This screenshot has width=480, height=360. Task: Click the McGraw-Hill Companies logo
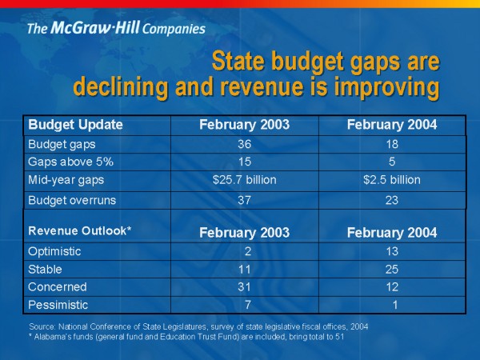point(116,30)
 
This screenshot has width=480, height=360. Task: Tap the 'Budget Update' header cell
point(75,124)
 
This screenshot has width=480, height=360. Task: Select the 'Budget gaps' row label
point(62,144)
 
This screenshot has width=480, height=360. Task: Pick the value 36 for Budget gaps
point(246,144)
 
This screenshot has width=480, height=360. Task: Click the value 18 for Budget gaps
point(391,144)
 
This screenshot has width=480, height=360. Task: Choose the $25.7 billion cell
point(245,179)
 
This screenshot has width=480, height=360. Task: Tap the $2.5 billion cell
point(391,179)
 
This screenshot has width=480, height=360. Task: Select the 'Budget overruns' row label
point(72,200)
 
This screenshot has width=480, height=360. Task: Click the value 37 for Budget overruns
point(246,200)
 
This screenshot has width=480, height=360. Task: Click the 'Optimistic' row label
point(55,251)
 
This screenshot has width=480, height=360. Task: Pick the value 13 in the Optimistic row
point(391,251)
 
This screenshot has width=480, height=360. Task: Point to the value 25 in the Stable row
point(391,269)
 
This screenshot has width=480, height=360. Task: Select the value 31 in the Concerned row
point(246,286)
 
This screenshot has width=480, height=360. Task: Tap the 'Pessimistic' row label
point(58,305)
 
